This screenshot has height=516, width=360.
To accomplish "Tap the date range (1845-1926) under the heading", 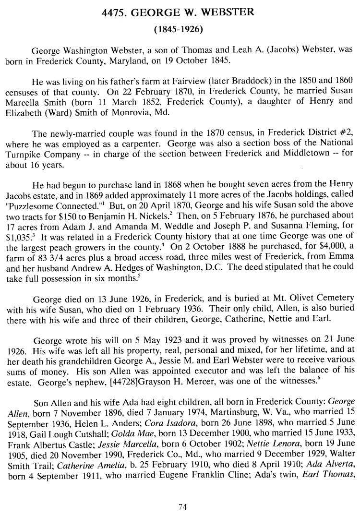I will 179,29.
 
